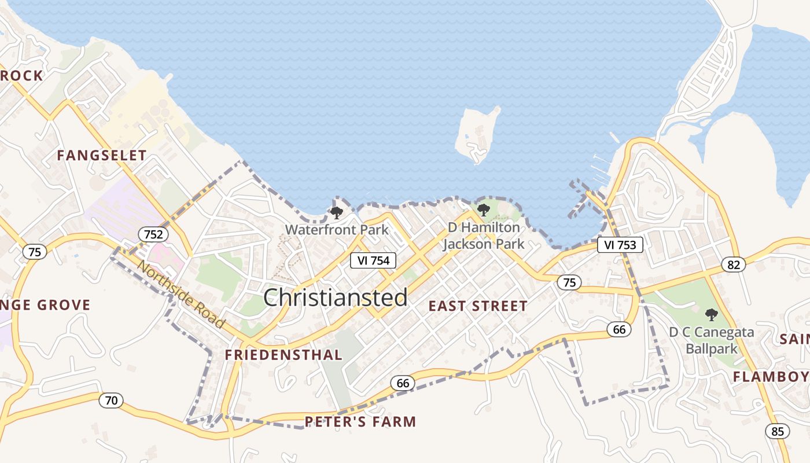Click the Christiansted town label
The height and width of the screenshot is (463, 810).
[x=336, y=297]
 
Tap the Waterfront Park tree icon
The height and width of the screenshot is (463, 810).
[x=336, y=213]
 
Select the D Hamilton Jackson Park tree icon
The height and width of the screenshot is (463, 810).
[x=483, y=210]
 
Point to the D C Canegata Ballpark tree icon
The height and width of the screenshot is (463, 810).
[x=711, y=315]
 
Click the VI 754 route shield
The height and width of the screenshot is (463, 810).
[x=373, y=260]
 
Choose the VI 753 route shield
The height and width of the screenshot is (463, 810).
[x=620, y=245]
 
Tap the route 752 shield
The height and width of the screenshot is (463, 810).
[x=153, y=234]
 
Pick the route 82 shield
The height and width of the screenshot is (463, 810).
[x=734, y=264]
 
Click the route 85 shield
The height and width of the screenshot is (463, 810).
[x=777, y=431]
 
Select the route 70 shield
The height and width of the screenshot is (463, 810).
[x=111, y=400]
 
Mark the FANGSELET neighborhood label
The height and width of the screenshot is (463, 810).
[x=102, y=155]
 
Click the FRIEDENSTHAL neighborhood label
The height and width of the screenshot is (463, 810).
[x=283, y=355]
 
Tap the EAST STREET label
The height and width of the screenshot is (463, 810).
[x=478, y=306]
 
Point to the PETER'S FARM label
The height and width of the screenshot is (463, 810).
[x=360, y=421]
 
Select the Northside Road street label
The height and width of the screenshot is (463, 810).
[x=181, y=296]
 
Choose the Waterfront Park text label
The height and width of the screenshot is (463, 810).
[x=337, y=229]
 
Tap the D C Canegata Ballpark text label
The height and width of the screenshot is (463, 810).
[x=712, y=340]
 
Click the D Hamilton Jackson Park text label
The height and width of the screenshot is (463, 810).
[x=484, y=236]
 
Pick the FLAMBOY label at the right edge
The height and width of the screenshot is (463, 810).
[x=771, y=377]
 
